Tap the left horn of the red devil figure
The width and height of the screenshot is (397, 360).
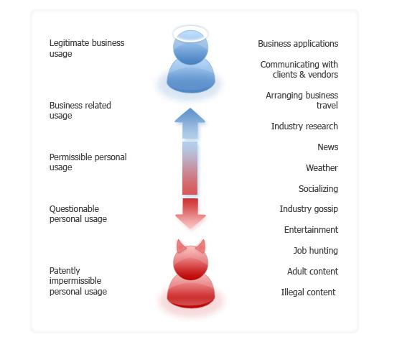coord(181,246)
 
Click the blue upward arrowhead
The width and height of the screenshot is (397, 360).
coord(190,116)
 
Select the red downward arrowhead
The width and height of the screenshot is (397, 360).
coord(190,221)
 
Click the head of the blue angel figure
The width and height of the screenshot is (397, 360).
coord(191,47)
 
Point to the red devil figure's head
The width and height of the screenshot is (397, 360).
coord(191,263)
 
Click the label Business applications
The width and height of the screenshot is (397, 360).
coord(298,44)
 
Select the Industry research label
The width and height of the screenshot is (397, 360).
coord(304,126)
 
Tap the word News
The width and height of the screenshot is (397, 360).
coord(328,147)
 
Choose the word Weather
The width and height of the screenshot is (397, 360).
coord(322,167)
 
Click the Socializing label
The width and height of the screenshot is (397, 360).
coord(318,189)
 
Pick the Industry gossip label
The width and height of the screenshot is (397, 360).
coord(309,209)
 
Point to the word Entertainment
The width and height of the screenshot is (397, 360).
coord(311,229)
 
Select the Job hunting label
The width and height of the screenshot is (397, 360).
coord(315,251)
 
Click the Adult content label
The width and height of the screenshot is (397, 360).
coord(312,272)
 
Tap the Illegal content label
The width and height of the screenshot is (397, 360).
coord(308,292)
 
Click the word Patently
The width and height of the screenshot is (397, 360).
coord(65,271)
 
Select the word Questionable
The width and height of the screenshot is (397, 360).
coord(74,209)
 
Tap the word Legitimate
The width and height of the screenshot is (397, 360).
coord(65,43)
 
